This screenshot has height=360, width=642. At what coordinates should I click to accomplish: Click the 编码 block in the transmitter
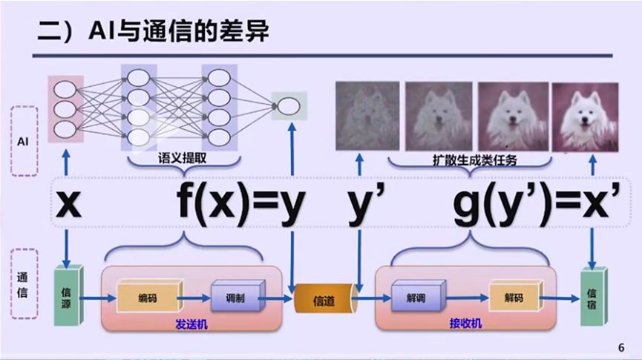coord(148,298)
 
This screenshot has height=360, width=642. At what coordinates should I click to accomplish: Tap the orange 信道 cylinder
coord(324,300)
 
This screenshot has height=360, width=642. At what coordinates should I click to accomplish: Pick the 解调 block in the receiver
coord(416,297)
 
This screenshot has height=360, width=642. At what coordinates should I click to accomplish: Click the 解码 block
coord(513,298)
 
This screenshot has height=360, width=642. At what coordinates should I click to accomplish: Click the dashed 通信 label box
coord(24,285)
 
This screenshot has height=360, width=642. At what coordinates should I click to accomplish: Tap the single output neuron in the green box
coord(289,107)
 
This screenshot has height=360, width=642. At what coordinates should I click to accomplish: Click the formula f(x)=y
coord(241,205)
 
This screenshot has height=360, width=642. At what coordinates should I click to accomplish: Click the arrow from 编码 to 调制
coord(195,298)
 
